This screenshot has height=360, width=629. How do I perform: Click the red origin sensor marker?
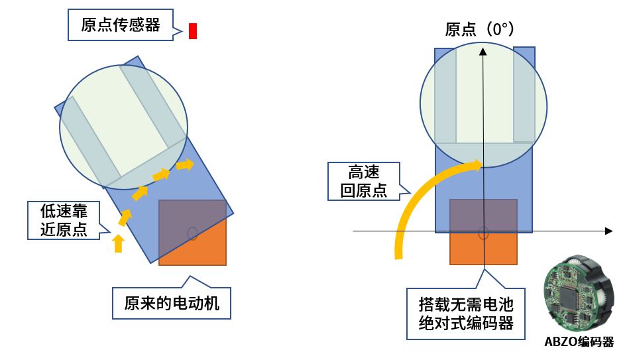point(193,30)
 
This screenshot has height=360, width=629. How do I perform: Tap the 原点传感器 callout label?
point(120,25)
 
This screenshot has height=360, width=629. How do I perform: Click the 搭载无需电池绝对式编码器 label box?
point(465,314)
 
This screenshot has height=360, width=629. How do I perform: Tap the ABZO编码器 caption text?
point(579,342)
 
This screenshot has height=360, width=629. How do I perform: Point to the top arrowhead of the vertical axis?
point(484,50)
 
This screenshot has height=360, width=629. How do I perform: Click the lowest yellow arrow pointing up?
point(118,243)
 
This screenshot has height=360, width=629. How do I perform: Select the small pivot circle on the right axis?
point(483,232)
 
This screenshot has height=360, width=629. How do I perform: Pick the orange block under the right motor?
point(483,249)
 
